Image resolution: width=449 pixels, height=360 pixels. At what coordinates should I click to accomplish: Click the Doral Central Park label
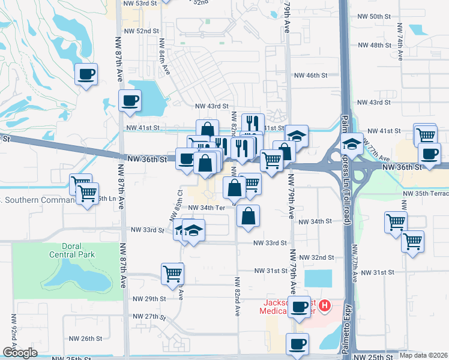coord(79,250)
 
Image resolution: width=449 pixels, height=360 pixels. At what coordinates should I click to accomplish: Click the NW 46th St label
coord(310,76)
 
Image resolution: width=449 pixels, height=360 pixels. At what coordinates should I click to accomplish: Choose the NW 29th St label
coord(149,299)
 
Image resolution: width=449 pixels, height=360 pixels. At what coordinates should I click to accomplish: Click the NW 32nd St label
coord(318,257)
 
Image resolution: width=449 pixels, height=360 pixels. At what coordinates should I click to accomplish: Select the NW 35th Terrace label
coord(426,194)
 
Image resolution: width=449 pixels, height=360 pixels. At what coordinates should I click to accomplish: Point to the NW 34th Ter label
coord(206,208)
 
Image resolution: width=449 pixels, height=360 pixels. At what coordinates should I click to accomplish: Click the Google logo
coord(20,353)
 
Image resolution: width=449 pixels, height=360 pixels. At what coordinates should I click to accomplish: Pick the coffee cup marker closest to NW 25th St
coord(298,344)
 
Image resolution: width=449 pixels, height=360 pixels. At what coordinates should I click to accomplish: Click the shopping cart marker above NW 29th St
coord(173,274)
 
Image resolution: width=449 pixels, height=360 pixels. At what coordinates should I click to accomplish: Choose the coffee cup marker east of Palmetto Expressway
coord(430,153)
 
